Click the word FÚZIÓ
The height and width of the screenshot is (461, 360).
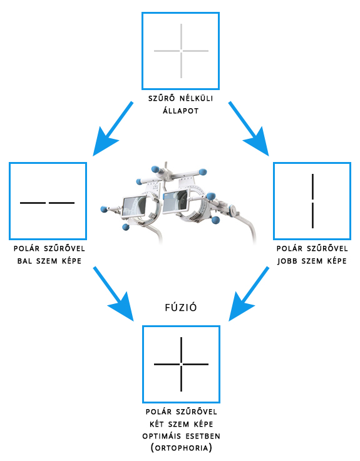pos(181,307)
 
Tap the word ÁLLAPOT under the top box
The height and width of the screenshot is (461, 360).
pos(181,111)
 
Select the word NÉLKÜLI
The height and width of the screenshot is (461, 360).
pos(197,98)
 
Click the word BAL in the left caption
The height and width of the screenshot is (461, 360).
pos(24,261)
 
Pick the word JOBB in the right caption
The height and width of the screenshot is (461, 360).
pos(287,261)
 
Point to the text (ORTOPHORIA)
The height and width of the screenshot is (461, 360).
pos(181,448)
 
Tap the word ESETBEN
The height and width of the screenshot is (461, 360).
pos(203,436)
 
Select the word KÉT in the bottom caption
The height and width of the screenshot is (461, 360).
pos(157,424)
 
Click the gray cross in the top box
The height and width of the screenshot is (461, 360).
pos(181,51)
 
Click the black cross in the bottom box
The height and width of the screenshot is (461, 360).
pos(181,364)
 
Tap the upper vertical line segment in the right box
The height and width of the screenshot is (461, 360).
pos(312,186)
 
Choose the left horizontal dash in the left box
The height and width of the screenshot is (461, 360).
pos(33,203)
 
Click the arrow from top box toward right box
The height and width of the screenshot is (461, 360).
pos(249,129)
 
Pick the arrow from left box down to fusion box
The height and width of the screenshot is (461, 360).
pos(113,294)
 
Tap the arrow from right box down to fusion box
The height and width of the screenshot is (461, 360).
pos(249,294)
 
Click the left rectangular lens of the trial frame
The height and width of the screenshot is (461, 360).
pos(134,206)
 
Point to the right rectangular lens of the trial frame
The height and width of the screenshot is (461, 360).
pos(175,201)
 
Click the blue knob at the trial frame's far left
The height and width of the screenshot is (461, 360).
pos(103,209)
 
